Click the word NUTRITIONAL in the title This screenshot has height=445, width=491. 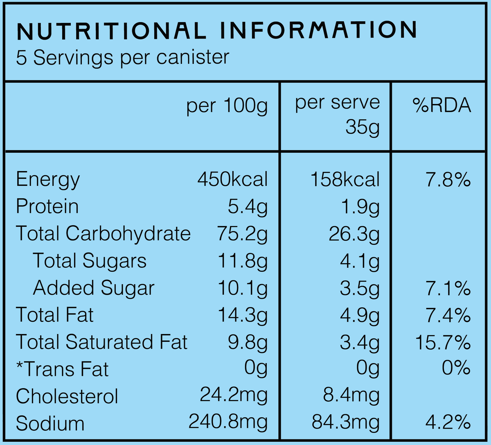click(x=111, y=31)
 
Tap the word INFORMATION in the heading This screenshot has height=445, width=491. click(x=318, y=29)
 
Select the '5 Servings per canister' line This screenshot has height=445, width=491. click(x=123, y=58)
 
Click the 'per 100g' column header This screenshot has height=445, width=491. click(x=227, y=106)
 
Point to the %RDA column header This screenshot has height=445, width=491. click(x=442, y=105)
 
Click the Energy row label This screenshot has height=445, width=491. click(x=48, y=180)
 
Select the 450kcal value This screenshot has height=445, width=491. click(x=232, y=179)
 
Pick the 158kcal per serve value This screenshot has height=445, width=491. click(x=345, y=179)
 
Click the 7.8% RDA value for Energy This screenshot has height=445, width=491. click(x=448, y=179)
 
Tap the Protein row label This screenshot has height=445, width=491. click(x=47, y=206)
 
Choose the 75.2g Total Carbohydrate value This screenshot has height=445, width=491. click(x=242, y=234)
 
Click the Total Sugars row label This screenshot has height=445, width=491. click(x=90, y=261)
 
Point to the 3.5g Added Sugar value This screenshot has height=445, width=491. click(x=360, y=289)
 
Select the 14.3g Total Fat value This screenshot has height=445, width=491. click(x=243, y=316)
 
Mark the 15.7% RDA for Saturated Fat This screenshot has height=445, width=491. click(x=443, y=342)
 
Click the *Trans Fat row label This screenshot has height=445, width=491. click(x=62, y=369)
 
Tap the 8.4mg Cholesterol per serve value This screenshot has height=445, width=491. click(x=351, y=396)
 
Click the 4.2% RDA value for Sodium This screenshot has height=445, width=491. click(x=448, y=423)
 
